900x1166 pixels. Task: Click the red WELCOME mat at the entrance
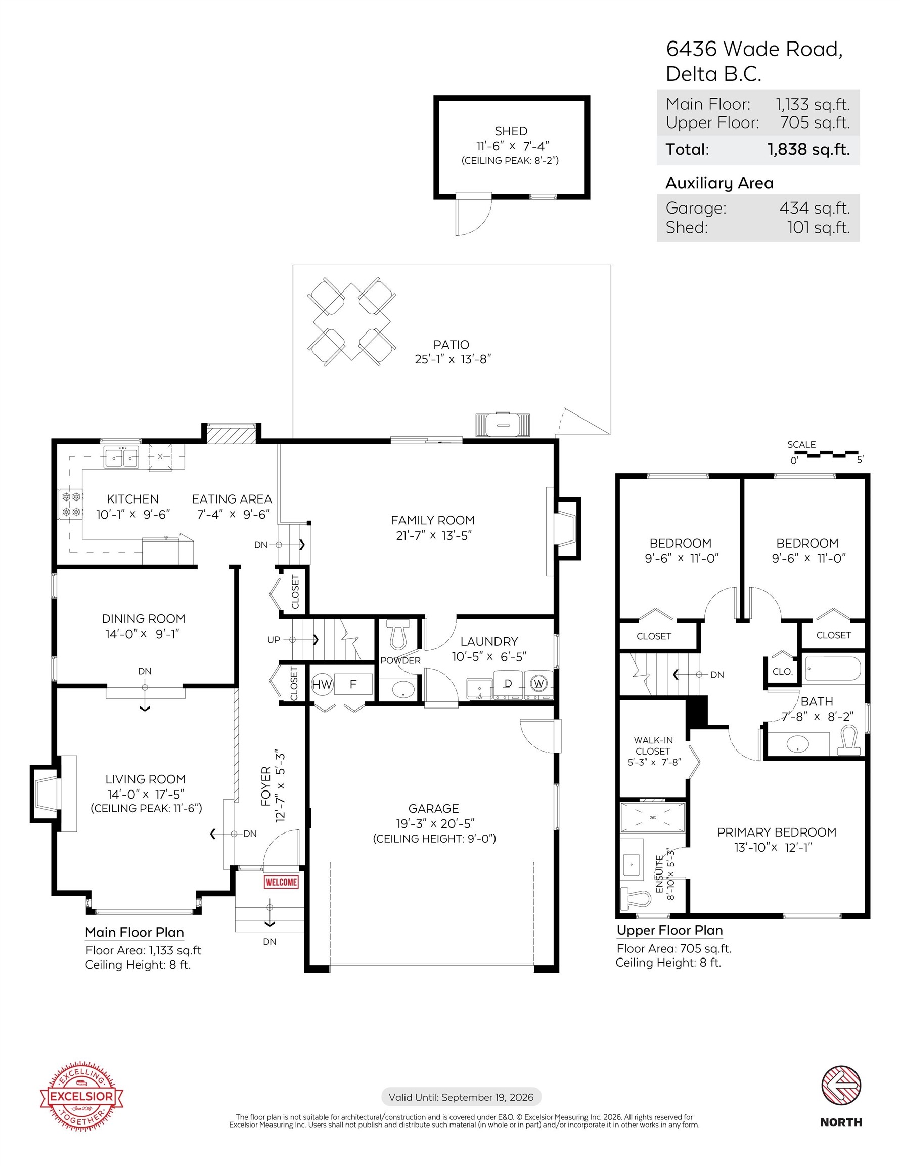pyautogui.click(x=281, y=882)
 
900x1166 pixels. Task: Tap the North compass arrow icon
pyautogui.click(x=841, y=1087)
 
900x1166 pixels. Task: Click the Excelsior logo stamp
pyautogui.click(x=81, y=1097)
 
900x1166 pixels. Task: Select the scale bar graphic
pyautogui.click(x=825, y=454)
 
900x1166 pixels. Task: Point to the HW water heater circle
pyautogui.click(x=322, y=684)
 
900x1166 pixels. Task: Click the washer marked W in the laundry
pyautogui.click(x=538, y=684)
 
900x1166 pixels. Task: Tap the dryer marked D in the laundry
pyautogui.click(x=508, y=684)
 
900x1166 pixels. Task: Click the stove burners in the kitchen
pyautogui.click(x=71, y=505)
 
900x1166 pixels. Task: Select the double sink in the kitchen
pyautogui.click(x=121, y=458)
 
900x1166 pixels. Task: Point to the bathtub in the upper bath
pyautogui.click(x=832, y=669)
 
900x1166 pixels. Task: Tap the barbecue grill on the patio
pyautogui.click(x=503, y=425)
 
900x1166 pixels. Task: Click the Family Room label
pyautogui.click(x=433, y=520)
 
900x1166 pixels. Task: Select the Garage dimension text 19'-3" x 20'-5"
pyautogui.click(x=435, y=824)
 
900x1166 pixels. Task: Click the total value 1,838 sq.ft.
pyautogui.click(x=809, y=149)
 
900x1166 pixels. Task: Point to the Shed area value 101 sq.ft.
pyautogui.click(x=819, y=227)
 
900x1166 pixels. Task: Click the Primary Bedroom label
pyautogui.click(x=776, y=832)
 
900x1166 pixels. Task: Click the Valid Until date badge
pyautogui.click(x=461, y=1097)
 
